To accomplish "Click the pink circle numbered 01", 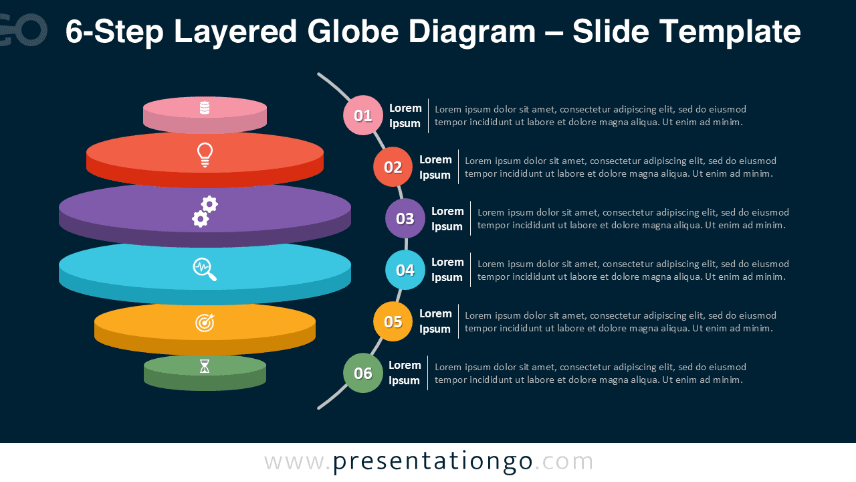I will [x=363, y=115].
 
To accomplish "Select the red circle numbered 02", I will [x=393, y=167].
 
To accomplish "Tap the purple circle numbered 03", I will [x=405, y=218].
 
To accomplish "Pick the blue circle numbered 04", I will [x=405, y=270].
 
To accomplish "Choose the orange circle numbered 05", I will [x=393, y=321].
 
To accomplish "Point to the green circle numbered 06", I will [x=363, y=373].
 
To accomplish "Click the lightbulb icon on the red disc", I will [x=205, y=155].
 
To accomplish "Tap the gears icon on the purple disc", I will [x=205, y=211].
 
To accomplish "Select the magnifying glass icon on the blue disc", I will [x=205, y=269].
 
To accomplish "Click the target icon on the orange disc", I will [x=205, y=323].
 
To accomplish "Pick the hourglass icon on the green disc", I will [x=205, y=366].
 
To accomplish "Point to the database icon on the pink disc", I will [x=205, y=108].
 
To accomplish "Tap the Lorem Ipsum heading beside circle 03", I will [x=447, y=219].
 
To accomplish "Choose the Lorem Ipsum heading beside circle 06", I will [x=405, y=373].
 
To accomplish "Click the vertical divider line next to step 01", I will [x=428, y=116].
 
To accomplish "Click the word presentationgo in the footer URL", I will [x=433, y=462].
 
